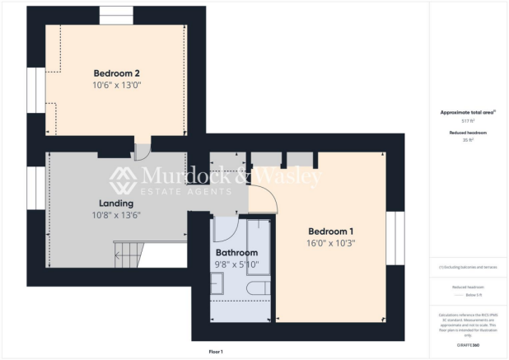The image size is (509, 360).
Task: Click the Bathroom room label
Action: click(236, 253)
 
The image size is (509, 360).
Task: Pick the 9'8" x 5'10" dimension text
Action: click(236, 265)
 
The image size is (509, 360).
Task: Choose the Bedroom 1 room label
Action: click(331, 231)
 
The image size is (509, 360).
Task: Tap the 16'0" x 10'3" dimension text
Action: click(331, 244)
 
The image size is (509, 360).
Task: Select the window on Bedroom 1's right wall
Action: click(395, 240)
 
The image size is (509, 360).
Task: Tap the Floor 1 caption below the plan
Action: click(216, 352)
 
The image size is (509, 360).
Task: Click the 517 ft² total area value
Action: click(469, 120)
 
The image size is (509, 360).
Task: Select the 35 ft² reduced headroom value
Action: click(469, 139)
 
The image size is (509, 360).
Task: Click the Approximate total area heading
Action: click(468, 112)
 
